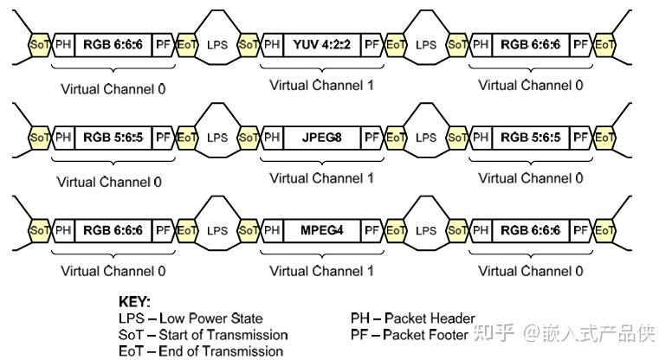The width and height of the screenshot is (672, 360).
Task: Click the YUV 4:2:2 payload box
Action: pyautogui.click(x=322, y=43)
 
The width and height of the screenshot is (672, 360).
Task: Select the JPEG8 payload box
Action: pyautogui.click(x=322, y=137)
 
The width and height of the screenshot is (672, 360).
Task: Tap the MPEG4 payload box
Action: pyautogui.click(x=322, y=230)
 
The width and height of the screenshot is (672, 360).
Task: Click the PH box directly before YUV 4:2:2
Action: pyautogui.click(x=272, y=43)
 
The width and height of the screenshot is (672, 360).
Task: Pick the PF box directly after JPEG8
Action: pyautogui.click(x=372, y=137)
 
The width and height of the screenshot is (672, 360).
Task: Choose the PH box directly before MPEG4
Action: pyautogui.click(x=272, y=230)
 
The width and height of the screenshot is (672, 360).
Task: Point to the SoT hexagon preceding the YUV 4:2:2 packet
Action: pyautogui.click(x=249, y=43)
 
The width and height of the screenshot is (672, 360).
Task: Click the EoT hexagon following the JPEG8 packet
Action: pyautogui.click(x=396, y=137)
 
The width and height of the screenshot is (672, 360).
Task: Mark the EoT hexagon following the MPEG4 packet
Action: pyautogui.click(x=396, y=230)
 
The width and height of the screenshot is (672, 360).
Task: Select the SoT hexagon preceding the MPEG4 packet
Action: pyautogui.click(x=249, y=230)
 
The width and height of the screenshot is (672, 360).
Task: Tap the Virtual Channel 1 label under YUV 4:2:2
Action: pyautogui.click(x=322, y=85)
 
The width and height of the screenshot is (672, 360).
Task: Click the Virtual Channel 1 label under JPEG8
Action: pyautogui.click(x=322, y=178)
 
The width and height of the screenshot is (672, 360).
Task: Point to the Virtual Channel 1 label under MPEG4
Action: pyautogui.click(x=322, y=272)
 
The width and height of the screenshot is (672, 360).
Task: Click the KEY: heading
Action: pyautogui.click(x=134, y=303)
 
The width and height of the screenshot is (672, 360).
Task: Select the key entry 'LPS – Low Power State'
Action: pyautogui.click(x=191, y=318)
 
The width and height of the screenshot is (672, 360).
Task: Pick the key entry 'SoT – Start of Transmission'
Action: pyautogui.click(x=203, y=334)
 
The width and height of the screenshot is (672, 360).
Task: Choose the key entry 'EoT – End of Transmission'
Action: pyautogui.click(x=200, y=350)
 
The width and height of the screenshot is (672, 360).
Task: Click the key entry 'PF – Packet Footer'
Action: pyautogui.click(x=409, y=334)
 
